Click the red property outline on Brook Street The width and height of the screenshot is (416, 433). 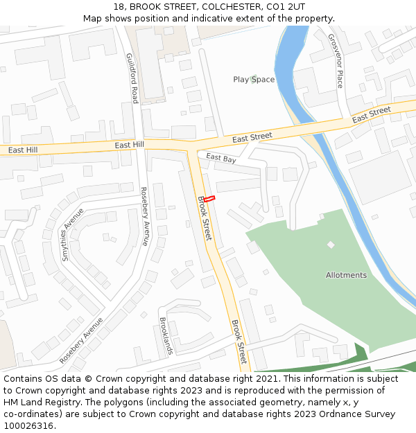point(209,199)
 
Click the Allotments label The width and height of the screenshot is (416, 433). point(346,275)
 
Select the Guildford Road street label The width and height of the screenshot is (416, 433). point(132,78)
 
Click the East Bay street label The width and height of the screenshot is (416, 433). point(220,159)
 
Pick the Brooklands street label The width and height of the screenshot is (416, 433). point(166,336)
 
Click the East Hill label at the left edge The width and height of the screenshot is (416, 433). point(23,150)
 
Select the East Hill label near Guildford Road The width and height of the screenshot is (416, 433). point(129,144)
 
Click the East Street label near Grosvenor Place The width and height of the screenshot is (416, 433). point(371,115)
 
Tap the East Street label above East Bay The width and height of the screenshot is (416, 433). point(252,138)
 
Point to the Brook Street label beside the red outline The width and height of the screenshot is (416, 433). point(205,218)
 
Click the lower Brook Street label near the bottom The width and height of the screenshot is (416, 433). point(238,342)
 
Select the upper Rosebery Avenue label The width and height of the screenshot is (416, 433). point(144,216)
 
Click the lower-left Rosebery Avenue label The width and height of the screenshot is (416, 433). point(81,340)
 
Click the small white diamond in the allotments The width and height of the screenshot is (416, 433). point(331,245)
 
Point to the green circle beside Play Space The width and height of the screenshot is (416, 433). point(254,78)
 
